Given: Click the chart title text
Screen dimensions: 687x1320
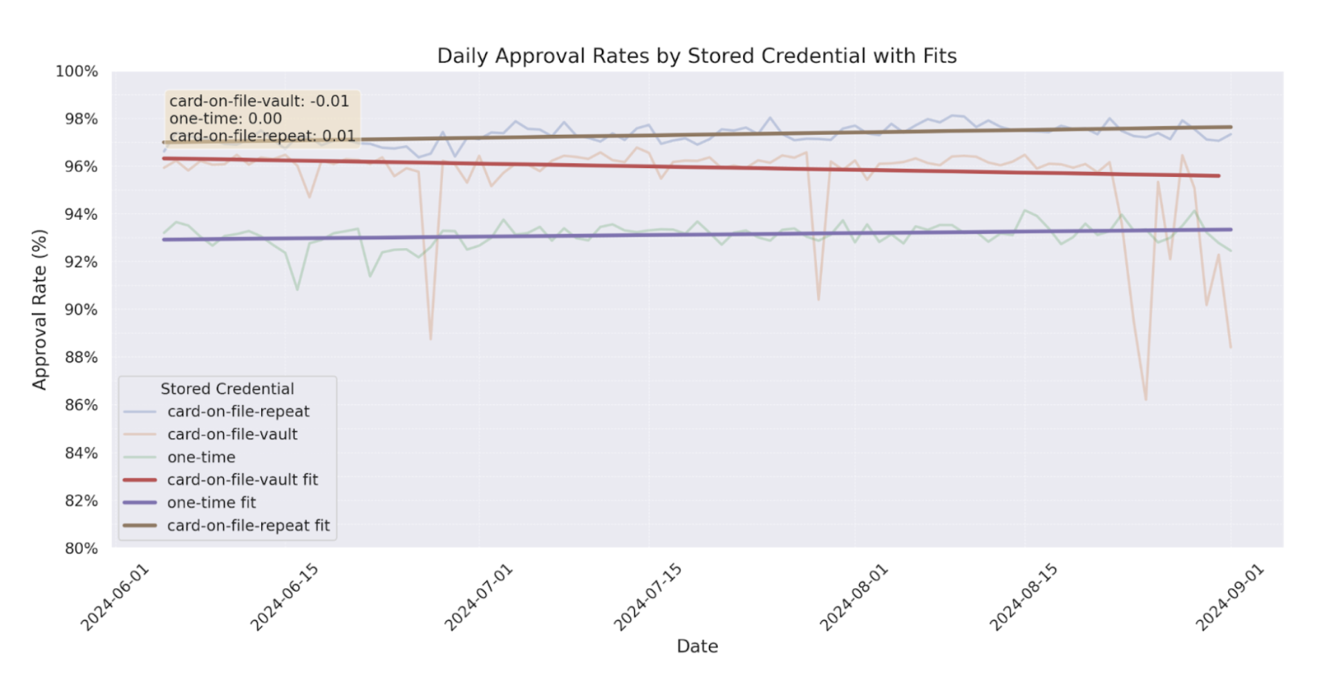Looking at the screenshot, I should coord(696,55).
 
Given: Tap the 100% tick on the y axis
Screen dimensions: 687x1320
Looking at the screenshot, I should coord(77,71).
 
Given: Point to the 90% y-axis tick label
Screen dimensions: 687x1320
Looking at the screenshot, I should coord(81,310).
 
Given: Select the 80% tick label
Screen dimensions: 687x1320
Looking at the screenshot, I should coord(81,548).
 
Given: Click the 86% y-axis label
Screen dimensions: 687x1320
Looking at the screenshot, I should coord(81,405).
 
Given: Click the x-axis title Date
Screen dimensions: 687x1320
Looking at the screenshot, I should coord(697,646).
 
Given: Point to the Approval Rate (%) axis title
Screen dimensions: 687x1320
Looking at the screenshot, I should coord(39,310).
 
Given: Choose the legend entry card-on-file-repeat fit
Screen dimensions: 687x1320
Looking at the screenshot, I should coord(248,526).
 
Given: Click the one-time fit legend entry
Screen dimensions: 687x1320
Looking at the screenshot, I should coord(211,503).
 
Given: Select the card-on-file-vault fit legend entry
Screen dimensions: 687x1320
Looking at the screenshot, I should coord(242,480).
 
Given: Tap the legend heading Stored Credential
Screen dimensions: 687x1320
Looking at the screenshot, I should coord(227,389).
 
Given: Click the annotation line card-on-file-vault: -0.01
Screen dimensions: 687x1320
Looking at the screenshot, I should coord(258,101).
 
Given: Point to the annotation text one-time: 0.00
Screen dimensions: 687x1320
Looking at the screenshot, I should coord(225,118).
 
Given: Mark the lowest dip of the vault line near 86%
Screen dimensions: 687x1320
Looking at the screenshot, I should coord(1145,399).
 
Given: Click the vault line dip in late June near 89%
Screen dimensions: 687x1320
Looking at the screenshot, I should coord(431,339).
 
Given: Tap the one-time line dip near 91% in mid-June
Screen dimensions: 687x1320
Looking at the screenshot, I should coord(297,289).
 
